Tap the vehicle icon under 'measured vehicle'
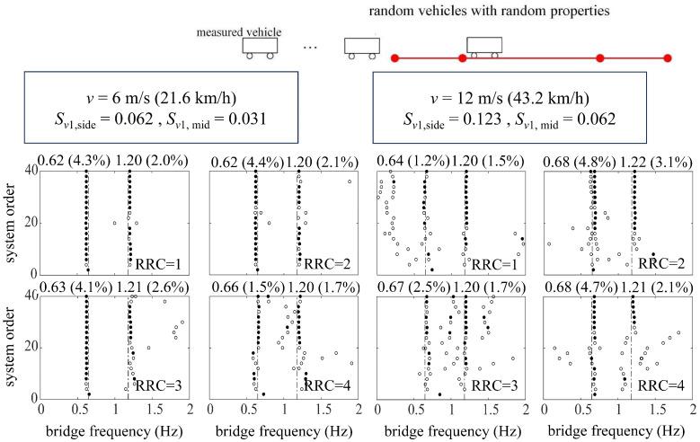pyautogui.click(x=260, y=48)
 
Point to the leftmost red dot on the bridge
pyautogui.click(x=394, y=59)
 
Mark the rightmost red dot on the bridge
pyautogui.click(x=668, y=59)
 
